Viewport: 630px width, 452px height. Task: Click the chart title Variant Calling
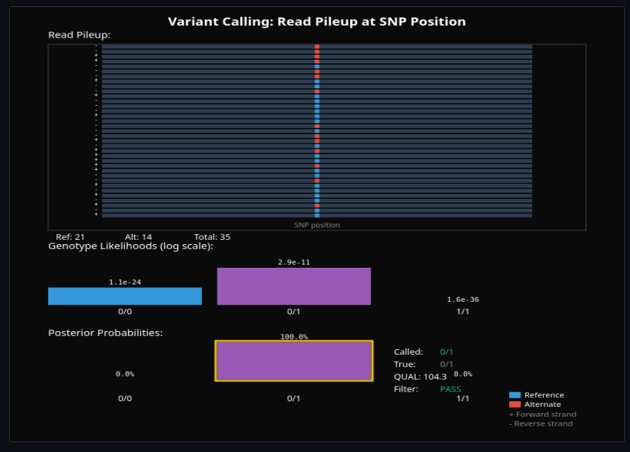pos(317,22)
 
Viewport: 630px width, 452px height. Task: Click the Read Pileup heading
pos(79,35)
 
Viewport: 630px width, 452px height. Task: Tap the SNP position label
pos(317,225)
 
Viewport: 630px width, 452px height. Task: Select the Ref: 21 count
pos(70,237)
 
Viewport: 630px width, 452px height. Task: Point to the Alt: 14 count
pos(138,237)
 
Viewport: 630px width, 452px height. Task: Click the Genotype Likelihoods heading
pos(131,246)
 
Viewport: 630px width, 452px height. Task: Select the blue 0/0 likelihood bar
pos(125,296)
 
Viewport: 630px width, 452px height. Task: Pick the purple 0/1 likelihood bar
pos(294,286)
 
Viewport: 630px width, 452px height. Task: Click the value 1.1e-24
pos(125,282)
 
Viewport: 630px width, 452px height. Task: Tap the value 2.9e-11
pos(294,263)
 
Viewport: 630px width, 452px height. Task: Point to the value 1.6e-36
pos(463,300)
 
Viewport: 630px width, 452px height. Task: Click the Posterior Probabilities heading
pos(106,333)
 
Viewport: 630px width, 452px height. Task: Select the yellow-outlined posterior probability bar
pos(294,361)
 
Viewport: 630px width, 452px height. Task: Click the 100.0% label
pos(294,337)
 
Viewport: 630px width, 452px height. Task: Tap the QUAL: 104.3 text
pos(420,377)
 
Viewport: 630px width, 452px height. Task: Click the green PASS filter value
pos(450,389)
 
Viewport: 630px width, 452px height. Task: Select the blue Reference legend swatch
pos(515,395)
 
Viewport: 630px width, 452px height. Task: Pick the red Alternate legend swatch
pos(515,404)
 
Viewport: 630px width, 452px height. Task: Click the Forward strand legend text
pos(542,414)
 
